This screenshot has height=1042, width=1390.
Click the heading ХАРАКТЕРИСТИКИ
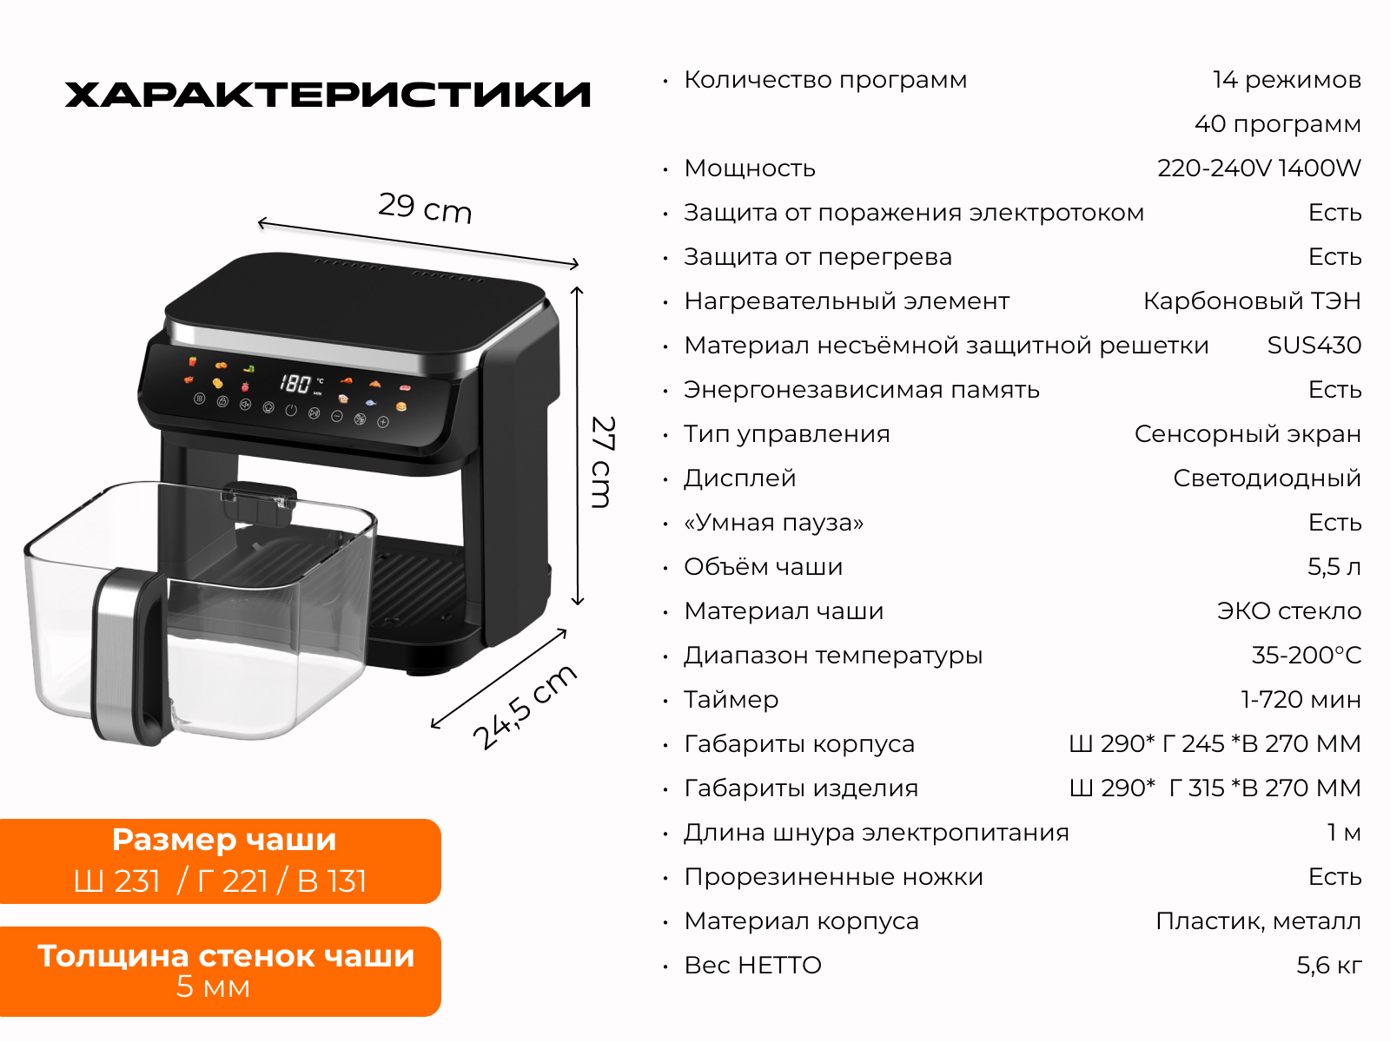[328, 95]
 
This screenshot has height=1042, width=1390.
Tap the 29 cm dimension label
[425, 208]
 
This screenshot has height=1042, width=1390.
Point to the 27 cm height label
[602, 461]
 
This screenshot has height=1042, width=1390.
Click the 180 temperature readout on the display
[295, 383]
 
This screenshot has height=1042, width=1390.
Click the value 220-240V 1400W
[1259, 168]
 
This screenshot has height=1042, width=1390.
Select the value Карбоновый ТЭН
[1252, 301]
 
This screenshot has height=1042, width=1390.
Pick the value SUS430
[1314, 346]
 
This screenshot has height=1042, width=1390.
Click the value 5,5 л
[1334, 567]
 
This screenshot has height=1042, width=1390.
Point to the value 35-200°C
[1307, 656]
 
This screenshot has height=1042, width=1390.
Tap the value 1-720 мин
[1301, 700]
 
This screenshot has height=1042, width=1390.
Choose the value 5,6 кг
[1329, 966]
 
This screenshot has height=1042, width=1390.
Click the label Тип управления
[786, 434]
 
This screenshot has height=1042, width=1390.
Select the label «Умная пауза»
[774, 523]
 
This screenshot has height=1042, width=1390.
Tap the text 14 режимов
[1287, 80]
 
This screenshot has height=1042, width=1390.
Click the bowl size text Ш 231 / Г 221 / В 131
[220, 881]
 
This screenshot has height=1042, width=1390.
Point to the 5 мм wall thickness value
[213, 987]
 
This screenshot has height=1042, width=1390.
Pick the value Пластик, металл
[1258, 922]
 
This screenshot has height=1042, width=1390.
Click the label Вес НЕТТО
[753, 966]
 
